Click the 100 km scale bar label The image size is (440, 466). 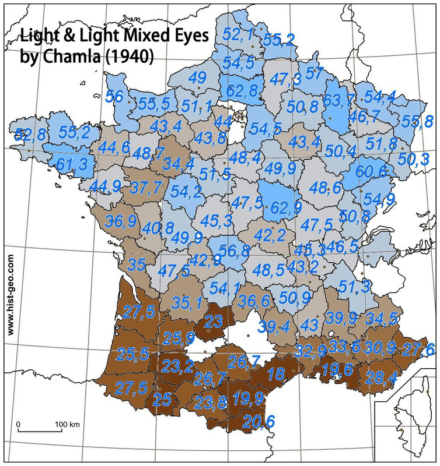tap(67, 423)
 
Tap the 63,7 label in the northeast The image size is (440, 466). tap(339, 101)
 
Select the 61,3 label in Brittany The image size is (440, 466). tap(72, 164)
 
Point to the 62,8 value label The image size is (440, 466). tap(242, 91)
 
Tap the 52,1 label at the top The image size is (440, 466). tap(238, 35)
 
